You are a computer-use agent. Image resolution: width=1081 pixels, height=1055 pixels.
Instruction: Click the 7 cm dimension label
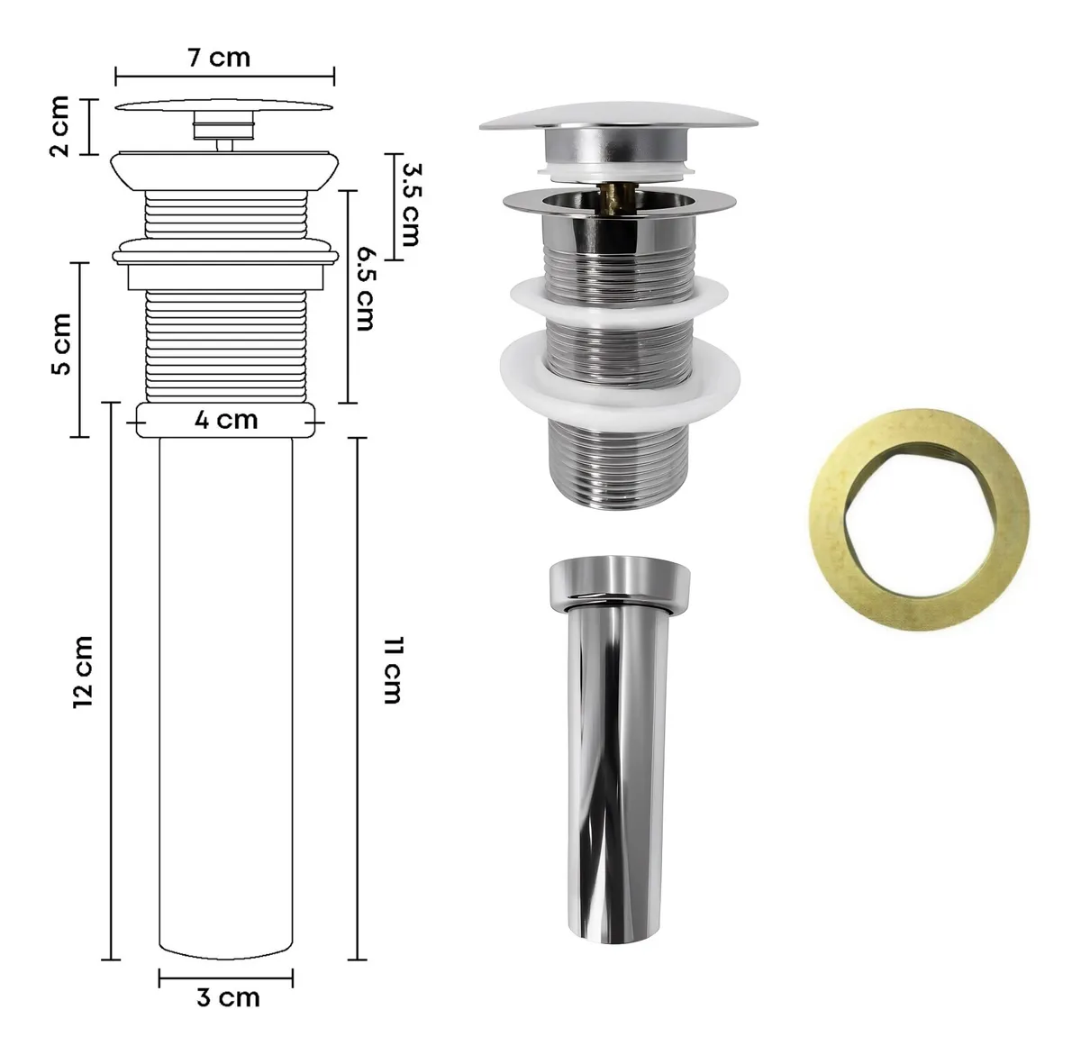[220, 58]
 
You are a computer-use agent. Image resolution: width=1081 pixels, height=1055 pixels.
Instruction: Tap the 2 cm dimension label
[60, 126]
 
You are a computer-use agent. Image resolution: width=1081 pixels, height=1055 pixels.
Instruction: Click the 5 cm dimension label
[61, 344]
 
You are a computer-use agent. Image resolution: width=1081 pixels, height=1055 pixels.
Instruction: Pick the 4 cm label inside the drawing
[226, 420]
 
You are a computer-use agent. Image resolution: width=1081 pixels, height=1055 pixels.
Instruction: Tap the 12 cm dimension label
[83, 673]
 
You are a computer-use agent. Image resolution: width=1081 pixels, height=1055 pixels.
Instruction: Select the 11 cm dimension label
[394, 671]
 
